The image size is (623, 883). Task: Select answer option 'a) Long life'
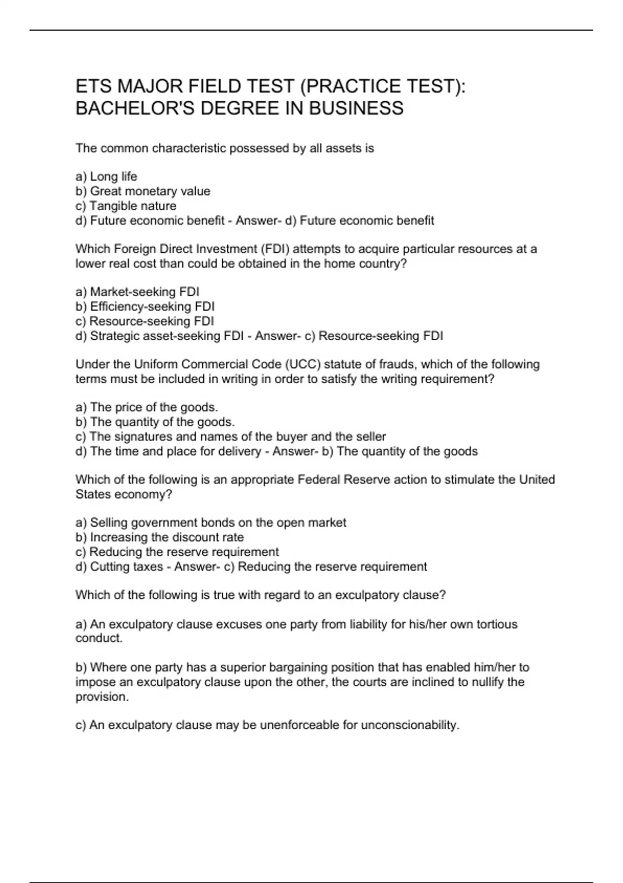point(106,177)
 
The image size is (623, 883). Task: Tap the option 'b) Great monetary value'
point(143,191)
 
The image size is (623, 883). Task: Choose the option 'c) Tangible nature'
point(126,206)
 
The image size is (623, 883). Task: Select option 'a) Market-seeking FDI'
point(137,292)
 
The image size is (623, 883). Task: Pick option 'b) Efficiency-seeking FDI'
point(145,306)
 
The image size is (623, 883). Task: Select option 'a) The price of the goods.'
point(146,407)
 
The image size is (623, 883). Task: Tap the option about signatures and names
point(231,436)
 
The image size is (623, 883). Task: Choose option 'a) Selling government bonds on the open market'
point(211,523)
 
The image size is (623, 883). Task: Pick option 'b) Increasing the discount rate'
point(159,537)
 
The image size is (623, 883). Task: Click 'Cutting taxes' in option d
point(127,567)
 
